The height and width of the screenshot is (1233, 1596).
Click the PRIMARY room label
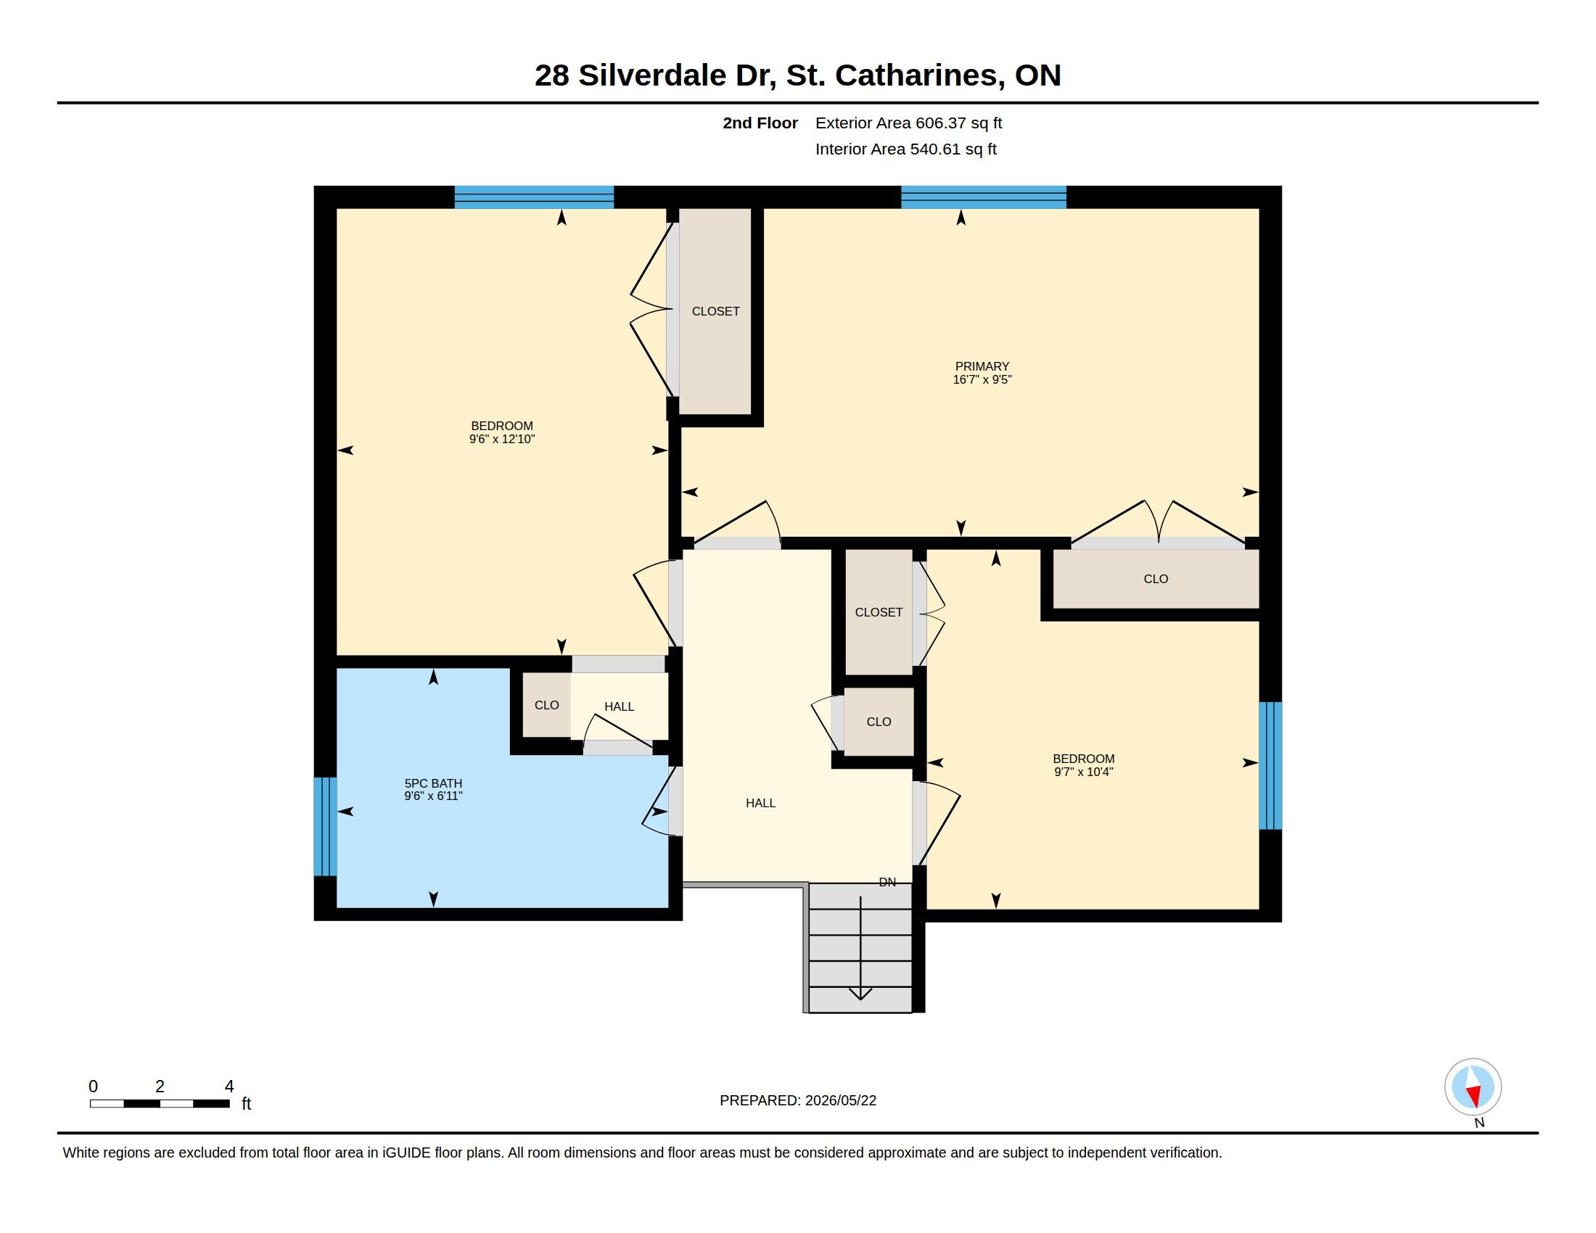point(982,366)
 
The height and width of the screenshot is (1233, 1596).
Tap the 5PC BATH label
point(433,783)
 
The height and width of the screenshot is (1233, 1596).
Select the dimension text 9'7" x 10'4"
point(1083,772)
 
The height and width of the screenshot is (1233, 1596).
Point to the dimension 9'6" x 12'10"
point(502,439)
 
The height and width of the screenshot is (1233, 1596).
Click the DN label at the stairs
point(887,882)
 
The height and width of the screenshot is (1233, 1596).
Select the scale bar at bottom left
point(160,1103)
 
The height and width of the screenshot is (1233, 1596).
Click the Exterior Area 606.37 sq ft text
point(908,123)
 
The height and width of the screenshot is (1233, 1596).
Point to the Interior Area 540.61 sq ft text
point(905,149)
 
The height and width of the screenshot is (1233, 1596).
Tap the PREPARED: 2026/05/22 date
point(798,1100)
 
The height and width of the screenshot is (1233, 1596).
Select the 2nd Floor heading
point(760,123)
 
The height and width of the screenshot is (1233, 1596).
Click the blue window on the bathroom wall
point(325,826)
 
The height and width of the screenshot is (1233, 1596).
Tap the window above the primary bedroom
point(983,197)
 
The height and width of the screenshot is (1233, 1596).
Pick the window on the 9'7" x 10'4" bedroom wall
point(1270,765)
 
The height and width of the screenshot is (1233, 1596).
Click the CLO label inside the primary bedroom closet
point(1156,579)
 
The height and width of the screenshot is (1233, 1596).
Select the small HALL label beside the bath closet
point(619,706)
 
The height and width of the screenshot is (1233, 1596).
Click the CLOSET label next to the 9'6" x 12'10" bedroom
point(715,311)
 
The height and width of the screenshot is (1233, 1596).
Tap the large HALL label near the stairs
point(760,803)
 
